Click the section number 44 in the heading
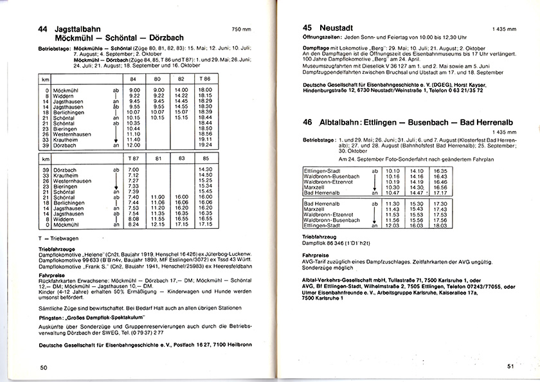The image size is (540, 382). (x=44, y=30)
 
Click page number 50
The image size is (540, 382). (x=44, y=367)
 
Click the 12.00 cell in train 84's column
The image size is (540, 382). (x=134, y=145)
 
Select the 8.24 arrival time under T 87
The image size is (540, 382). (x=134, y=224)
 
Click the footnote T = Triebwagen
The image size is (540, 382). (x=60, y=238)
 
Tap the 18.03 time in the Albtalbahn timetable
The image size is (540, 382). (x=441, y=226)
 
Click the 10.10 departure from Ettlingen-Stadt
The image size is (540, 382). (x=392, y=170)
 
